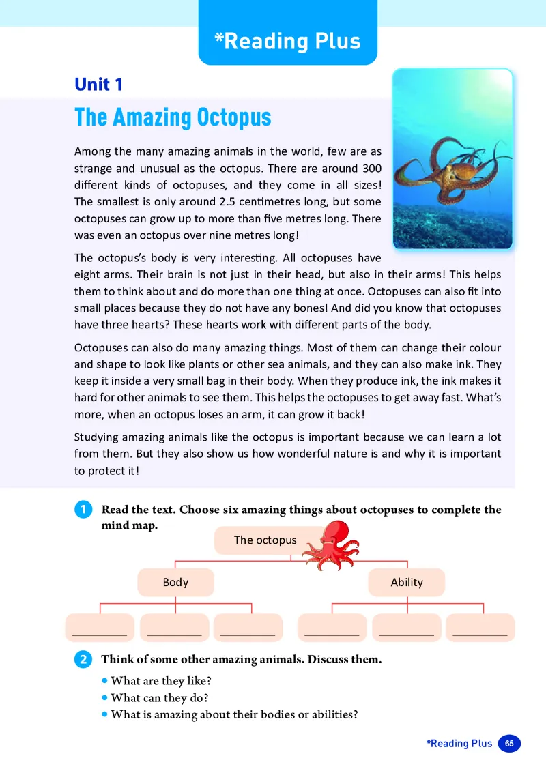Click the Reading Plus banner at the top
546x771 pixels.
click(x=287, y=40)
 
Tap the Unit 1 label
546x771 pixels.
click(x=98, y=85)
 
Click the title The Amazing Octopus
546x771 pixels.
click(x=173, y=117)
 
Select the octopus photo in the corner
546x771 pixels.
click(x=452, y=158)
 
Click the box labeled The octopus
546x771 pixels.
click(x=265, y=540)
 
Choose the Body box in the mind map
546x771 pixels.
click(x=175, y=582)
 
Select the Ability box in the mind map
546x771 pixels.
click(x=407, y=582)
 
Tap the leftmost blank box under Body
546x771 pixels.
click(x=100, y=627)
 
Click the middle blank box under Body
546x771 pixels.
click(x=175, y=627)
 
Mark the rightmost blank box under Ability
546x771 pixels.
click(x=480, y=627)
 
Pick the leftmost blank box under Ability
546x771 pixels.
click(x=332, y=627)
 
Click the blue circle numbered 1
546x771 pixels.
click(x=82, y=510)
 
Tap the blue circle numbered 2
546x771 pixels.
click(x=82, y=660)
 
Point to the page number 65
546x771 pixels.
click(x=509, y=744)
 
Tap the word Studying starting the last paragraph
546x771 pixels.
click(x=96, y=437)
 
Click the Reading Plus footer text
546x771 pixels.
click(x=459, y=744)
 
